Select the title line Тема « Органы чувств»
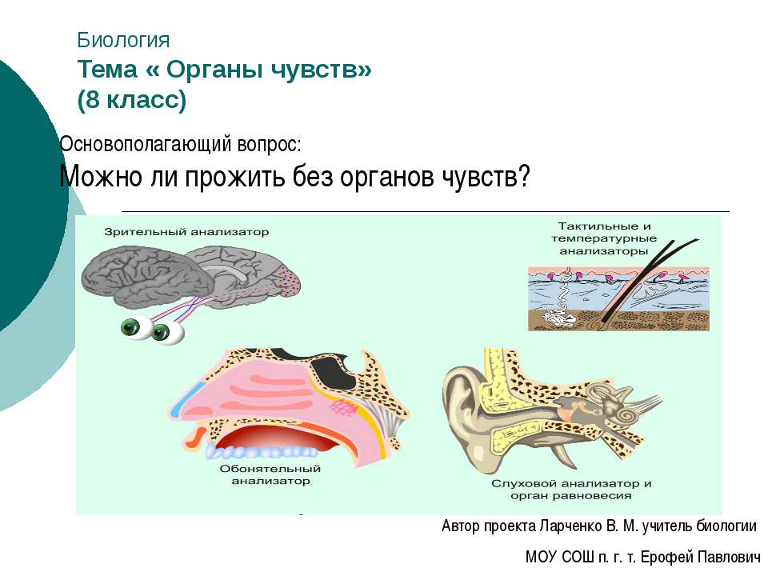point(224,70)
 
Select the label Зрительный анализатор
point(186,232)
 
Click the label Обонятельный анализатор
point(271,475)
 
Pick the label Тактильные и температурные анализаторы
point(602,238)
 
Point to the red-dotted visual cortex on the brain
point(289,281)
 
